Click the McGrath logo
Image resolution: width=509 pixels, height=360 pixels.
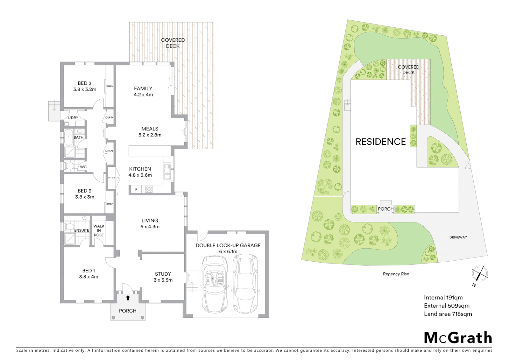coord(458,338)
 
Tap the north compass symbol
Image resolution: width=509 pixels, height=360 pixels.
coord(480,274)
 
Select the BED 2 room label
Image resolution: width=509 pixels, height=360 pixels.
coord(85,86)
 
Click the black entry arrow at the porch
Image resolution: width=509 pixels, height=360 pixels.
coord(128,298)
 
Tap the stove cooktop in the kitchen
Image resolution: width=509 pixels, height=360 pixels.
coord(149,189)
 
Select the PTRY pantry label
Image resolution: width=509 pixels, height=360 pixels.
coord(112,178)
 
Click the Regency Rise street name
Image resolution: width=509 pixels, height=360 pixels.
coord(396,274)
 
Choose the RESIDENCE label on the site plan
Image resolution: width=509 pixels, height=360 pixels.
coord(380,142)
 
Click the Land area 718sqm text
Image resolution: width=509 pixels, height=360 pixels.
coord(448,314)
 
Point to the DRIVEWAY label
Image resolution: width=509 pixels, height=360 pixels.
coord(458,237)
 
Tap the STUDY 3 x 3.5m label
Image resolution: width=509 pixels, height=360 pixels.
coord(163,277)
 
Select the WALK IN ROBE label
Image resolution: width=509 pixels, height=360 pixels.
coord(99,230)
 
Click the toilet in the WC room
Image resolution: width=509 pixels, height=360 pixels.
coord(70,166)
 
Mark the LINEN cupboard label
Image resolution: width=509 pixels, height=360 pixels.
coord(109,151)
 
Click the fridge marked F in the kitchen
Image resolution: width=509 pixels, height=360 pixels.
coord(136,190)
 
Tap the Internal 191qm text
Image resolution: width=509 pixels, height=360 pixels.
coord(443,298)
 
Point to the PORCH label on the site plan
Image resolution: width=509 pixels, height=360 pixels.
coord(386,209)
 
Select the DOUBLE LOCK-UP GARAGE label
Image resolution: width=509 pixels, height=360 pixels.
coord(228,248)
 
